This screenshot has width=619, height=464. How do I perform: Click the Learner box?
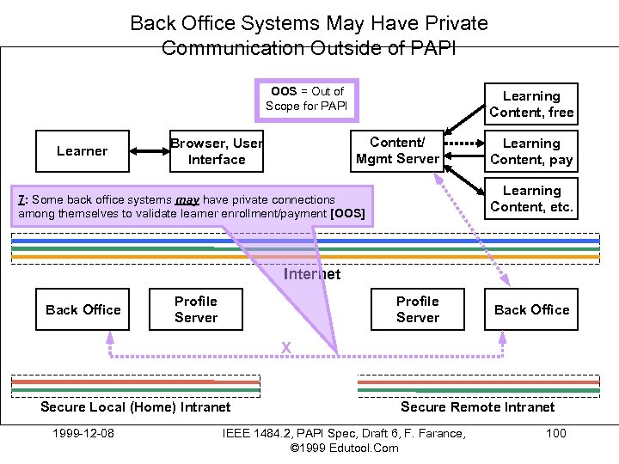(x=82, y=151)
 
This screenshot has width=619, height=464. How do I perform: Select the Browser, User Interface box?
(x=217, y=151)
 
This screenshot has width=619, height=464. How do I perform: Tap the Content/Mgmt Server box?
(x=397, y=150)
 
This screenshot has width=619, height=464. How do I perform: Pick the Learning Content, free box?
(x=531, y=104)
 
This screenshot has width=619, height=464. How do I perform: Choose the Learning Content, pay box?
(x=531, y=151)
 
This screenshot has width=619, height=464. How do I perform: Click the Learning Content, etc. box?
(x=531, y=198)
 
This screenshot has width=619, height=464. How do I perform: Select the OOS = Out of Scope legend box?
(x=307, y=99)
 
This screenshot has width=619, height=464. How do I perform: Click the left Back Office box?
(x=83, y=309)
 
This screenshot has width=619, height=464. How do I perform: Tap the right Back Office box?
(x=531, y=309)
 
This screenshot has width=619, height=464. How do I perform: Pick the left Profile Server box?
(x=196, y=309)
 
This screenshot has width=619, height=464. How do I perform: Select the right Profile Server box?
(x=418, y=309)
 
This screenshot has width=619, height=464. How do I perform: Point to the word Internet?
(x=311, y=275)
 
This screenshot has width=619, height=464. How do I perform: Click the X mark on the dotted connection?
(x=286, y=348)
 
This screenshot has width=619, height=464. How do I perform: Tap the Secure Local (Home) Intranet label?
(x=136, y=407)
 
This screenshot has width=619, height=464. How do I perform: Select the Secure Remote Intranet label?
(x=478, y=407)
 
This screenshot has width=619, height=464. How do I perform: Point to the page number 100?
(x=556, y=432)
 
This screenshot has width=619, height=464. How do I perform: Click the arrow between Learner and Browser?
(x=150, y=151)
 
